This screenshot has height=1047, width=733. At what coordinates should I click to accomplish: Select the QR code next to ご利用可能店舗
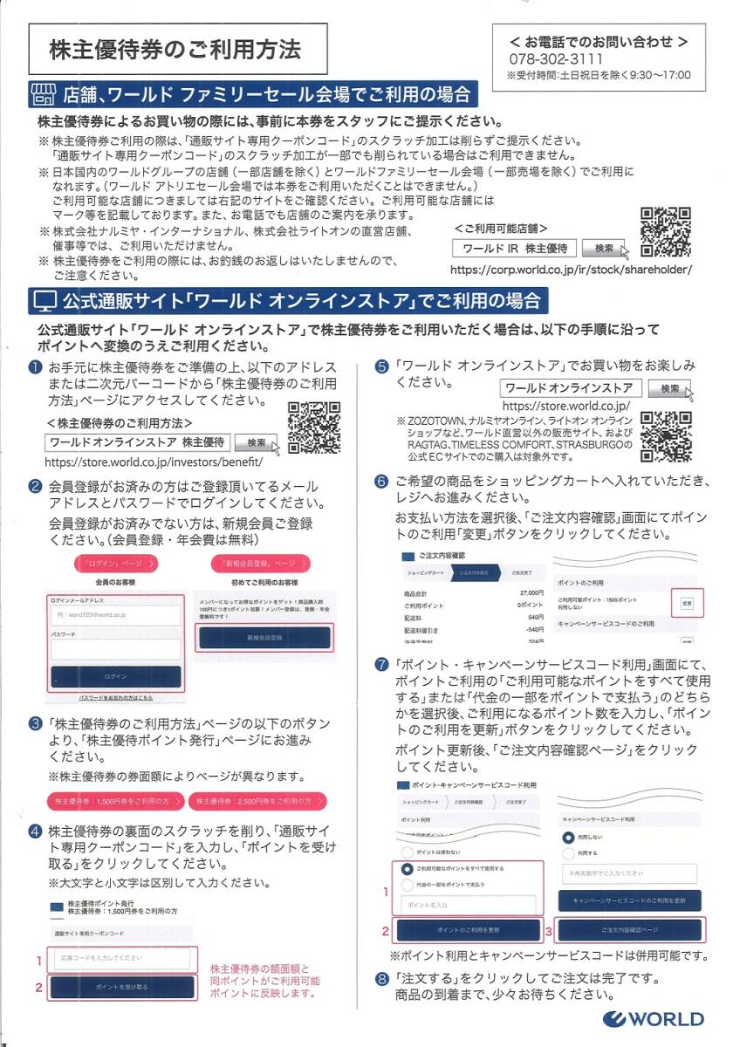click(x=667, y=232)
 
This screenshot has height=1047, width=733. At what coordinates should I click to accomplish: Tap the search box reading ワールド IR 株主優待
click(x=515, y=249)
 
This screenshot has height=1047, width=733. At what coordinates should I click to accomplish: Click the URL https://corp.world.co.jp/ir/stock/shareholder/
click(x=571, y=270)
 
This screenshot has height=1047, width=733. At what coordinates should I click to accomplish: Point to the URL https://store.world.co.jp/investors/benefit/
click(x=153, y=462)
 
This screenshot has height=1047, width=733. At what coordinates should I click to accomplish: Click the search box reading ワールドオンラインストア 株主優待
click(x=138, y=442)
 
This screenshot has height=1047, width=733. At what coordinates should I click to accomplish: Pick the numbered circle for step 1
click(x=35, y=366)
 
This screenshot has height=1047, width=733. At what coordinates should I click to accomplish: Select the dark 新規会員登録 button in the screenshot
click(x=264, y=638)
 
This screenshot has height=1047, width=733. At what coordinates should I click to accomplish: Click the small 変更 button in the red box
click(x=687, y=603)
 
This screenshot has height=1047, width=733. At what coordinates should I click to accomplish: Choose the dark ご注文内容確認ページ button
click(x=629, y=930)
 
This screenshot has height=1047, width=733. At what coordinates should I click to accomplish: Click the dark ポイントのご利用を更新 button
click(x=468, y=930)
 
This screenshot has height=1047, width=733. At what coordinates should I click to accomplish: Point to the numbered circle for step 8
click(x=381, y=978)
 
